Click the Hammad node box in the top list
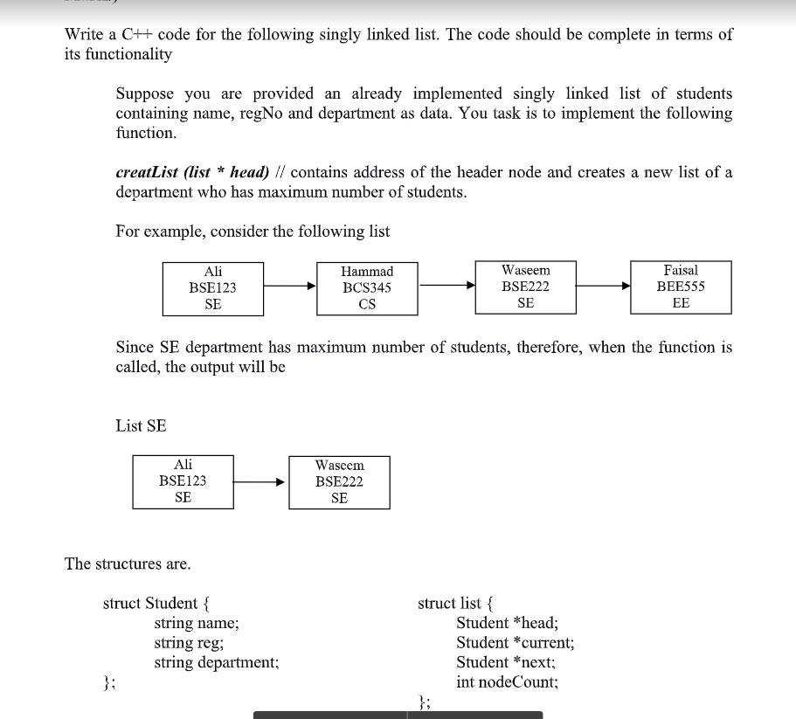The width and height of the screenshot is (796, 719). tap(367, 287)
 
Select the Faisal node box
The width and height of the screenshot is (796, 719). tap(681, 287)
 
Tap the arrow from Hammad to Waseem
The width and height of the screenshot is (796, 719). tap(446, 285)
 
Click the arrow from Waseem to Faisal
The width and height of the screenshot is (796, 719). tap(604, 285)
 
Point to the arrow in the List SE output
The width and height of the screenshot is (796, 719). tap(261, 481)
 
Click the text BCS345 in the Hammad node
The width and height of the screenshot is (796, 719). tap(367, 287)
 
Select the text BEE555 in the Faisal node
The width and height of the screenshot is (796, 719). tap(681, 287)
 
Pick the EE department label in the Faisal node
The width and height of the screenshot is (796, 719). tap(681, 303)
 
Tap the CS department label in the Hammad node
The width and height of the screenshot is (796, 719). tap(367, 305)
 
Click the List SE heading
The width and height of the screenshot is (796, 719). tap(141, 426)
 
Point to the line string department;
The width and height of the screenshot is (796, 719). tap(217, 662)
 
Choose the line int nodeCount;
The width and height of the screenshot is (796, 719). tap(507, 682)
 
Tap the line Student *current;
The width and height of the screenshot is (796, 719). tap(515, 643)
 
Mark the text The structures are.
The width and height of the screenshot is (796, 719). tap(128, 563)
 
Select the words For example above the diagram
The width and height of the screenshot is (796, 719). tap(154, 232)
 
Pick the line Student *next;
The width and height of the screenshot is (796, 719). tap(505, 662)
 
